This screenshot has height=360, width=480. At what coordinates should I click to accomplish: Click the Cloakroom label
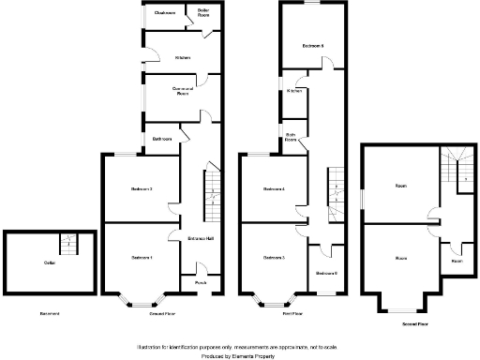click(x=166, y=13)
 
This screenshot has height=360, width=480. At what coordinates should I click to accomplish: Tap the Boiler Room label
click(x=202, y=13)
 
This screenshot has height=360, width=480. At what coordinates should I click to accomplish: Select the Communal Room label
click(x=182, y=91)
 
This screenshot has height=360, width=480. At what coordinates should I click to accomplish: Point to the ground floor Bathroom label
click(x=161, y=139)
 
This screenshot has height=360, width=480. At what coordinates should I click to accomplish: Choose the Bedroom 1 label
click(x=141, y=256)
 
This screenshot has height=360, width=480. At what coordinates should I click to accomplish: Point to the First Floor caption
click(x=291, y=313)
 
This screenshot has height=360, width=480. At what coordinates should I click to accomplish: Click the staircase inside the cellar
click(x=67, y=244)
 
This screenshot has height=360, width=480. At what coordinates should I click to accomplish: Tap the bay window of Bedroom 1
click(x=141, y=301)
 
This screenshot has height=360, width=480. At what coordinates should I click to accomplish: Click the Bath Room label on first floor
click(x=291, y=137)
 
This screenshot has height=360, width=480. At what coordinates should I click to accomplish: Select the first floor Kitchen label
click(x=294, y=91)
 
